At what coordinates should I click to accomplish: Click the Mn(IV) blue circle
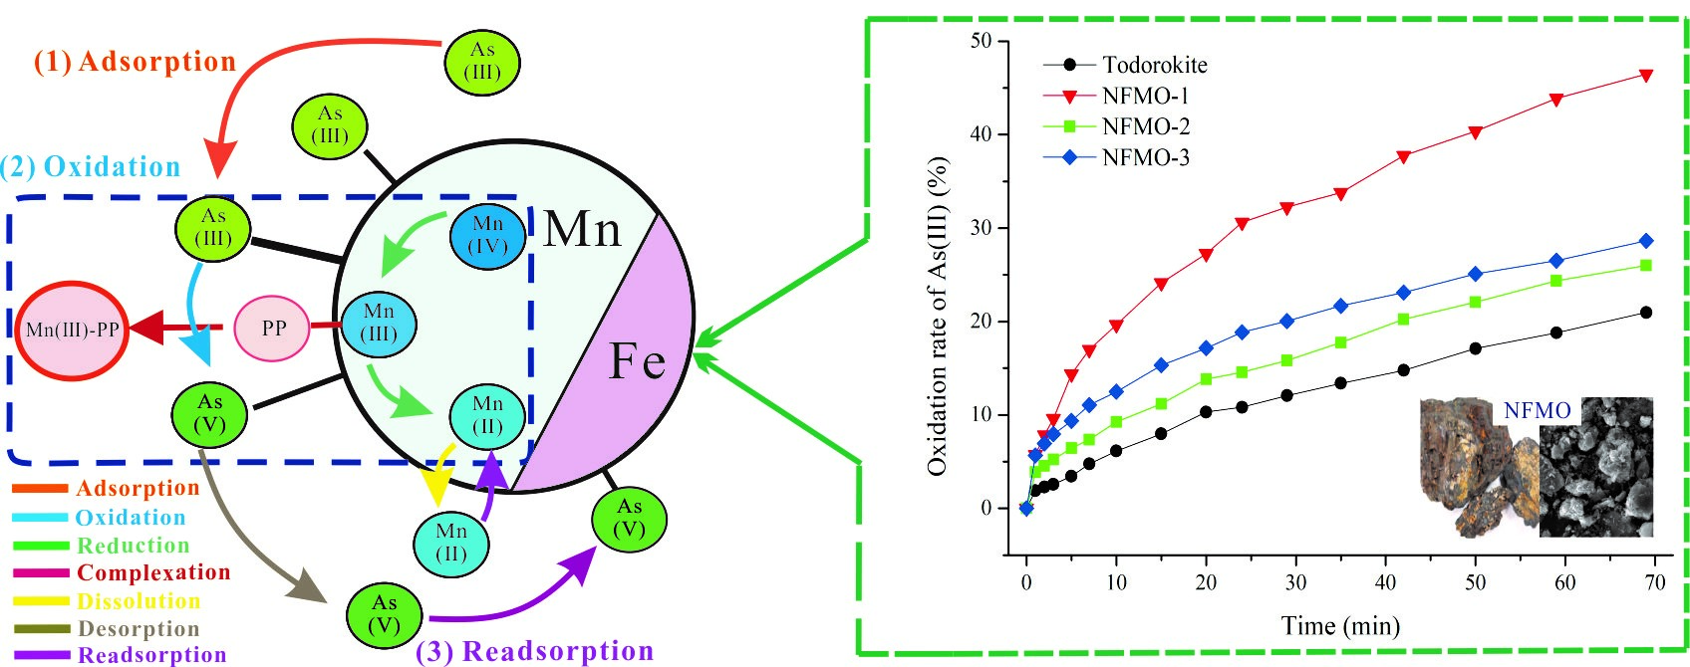487,236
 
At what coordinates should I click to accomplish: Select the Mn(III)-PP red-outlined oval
72,331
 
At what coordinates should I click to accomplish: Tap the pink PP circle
272,328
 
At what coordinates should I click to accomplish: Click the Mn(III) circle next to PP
379,324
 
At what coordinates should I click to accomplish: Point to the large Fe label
636,360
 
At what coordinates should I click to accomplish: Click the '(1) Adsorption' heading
136,62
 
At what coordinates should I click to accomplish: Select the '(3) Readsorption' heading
534,651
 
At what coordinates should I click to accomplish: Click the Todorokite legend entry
1154,66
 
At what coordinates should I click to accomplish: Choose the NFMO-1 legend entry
1145,97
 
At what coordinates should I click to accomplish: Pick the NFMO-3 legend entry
1145,157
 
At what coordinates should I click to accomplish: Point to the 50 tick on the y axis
981,41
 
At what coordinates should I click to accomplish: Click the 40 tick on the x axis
1385,583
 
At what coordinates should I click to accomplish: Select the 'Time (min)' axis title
1340,626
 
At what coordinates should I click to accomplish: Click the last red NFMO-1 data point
1646,76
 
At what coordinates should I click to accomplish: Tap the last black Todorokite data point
1645,313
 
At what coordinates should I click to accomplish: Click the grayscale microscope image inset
1594,468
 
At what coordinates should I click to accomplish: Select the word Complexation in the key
153,572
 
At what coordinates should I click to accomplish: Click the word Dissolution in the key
139,601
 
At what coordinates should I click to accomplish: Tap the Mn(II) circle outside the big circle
451,543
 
